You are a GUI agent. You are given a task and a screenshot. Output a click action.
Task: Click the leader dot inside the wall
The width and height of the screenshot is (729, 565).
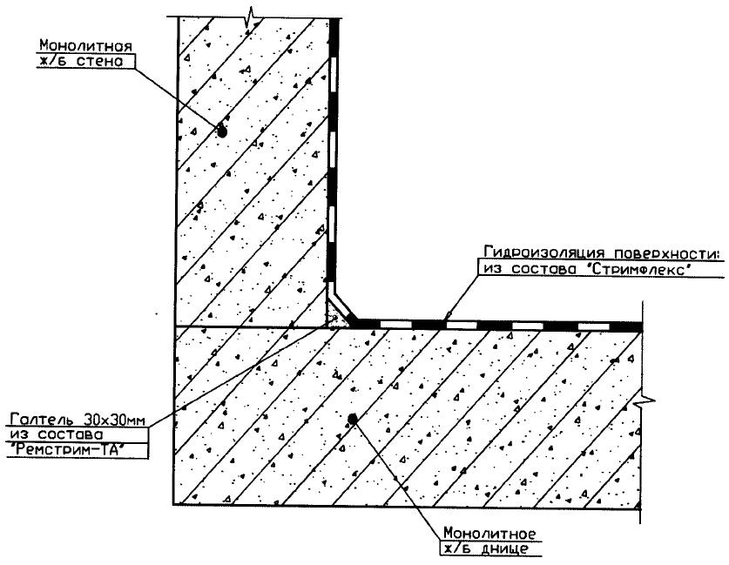click(x=222, y=132)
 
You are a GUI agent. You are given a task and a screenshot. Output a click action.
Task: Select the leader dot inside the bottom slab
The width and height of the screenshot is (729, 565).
click(x=352, y=419)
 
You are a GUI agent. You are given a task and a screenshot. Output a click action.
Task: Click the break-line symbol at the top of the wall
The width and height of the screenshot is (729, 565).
click(x=253, y=15)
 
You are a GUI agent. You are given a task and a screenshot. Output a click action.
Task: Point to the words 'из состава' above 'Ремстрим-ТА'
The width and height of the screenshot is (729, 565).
click(x=47, y=435)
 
